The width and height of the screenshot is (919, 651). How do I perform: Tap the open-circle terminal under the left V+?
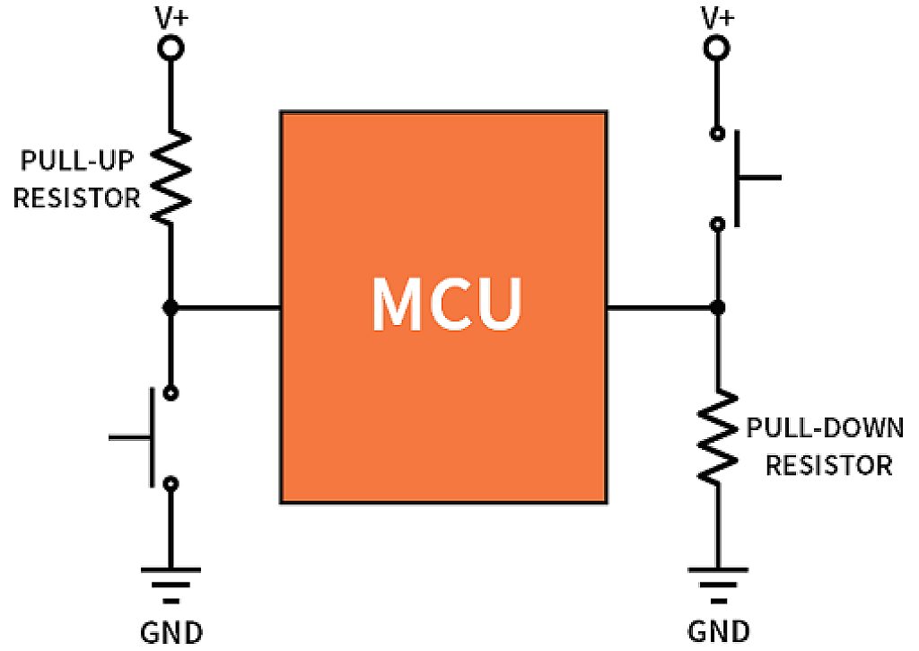171,48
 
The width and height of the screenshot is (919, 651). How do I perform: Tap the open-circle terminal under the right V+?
716,48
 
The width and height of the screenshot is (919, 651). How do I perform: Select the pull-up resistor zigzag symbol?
171,176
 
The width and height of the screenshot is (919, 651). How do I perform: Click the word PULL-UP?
74,163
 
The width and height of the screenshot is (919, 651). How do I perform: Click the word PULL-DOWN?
824,428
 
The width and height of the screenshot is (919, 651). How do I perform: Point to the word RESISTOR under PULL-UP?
76,198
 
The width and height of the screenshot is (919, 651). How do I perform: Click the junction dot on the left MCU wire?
171,308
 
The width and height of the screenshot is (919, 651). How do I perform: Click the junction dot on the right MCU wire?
716,308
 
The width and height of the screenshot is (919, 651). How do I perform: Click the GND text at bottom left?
171,631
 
